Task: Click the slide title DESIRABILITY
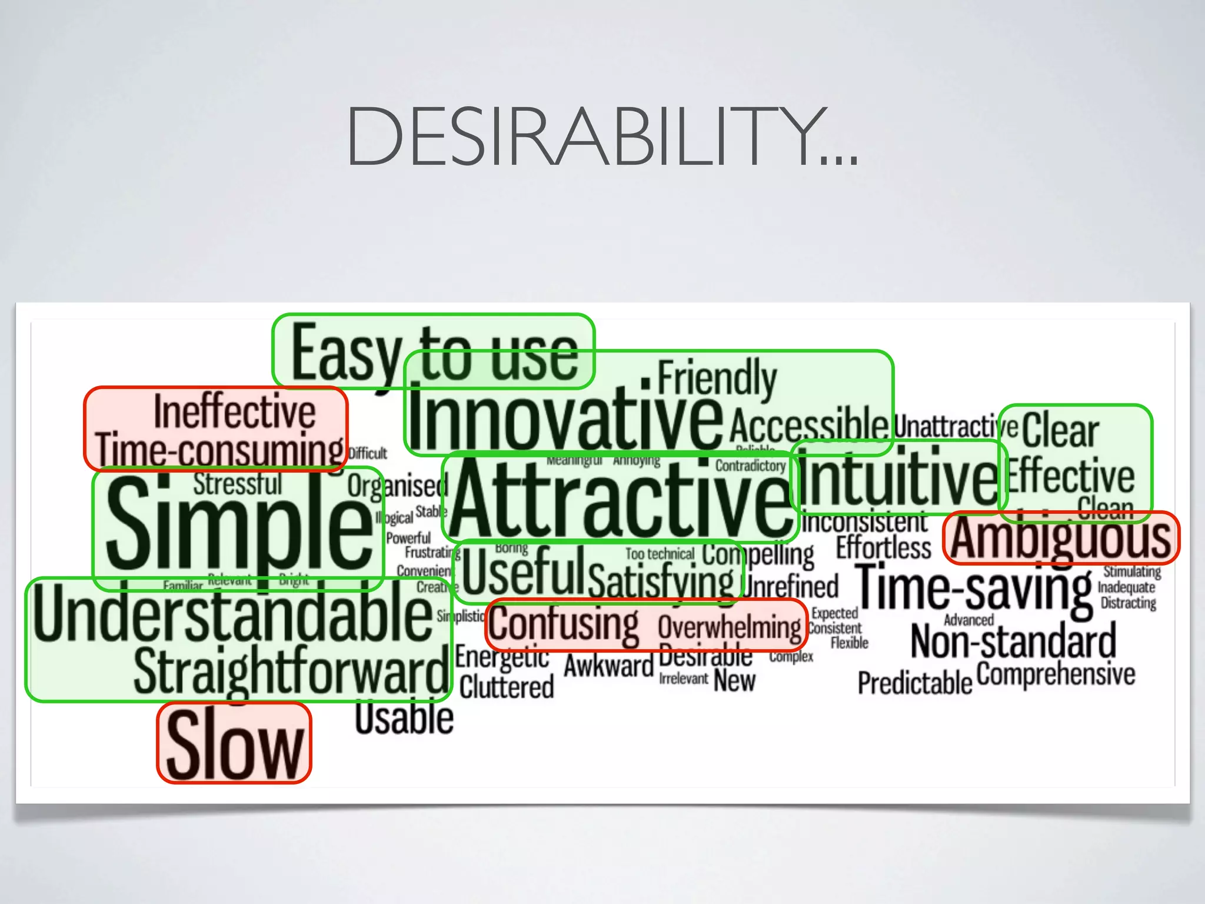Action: click(x=601, y=137)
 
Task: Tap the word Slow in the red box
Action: click(x=234, y=744)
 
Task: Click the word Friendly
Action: click(x=717, y=378)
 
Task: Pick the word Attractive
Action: click(x=621, y=498)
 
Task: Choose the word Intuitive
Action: click(x=897, y=477)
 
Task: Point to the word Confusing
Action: click(x=563, y=624)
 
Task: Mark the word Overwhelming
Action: click(x=730, y=627)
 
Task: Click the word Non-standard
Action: click(x=1013, y=642)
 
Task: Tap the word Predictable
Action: click(x=914, y=683)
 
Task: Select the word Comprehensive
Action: click(x=1056, y=674)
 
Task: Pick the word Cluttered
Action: click(x=507, y=687)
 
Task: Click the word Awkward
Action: click(x=608, y=666)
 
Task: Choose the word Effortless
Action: click(x=884, y=547)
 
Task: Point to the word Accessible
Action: click(x=808, y=424)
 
